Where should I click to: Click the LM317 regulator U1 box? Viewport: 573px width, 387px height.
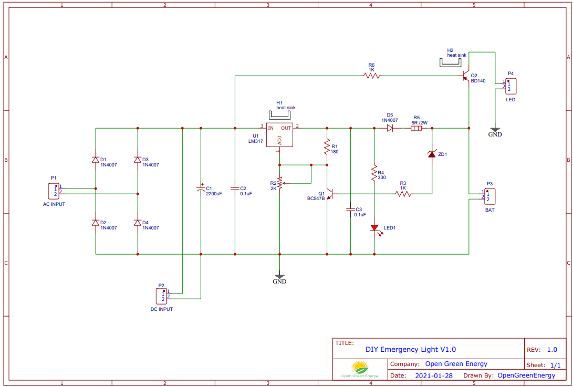click(x=279, y=135)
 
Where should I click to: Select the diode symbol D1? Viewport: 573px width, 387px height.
click(x=96, y=160)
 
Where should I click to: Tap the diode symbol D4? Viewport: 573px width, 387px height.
click(x=138, y=223)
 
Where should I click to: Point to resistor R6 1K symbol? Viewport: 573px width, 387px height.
click(x=372, y=76)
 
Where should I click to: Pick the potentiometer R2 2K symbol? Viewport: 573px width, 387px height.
click(x=279, y=183)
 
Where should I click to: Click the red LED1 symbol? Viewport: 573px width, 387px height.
click(x=374, y=228)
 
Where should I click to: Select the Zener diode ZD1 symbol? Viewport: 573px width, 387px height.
click(x=432, y=154)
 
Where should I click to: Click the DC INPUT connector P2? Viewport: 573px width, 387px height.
click(x=163, y=295)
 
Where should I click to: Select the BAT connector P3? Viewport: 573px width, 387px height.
click(x=488, y=196)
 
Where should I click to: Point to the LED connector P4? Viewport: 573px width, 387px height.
click(x=510, y=86)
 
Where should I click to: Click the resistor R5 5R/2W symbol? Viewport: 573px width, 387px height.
click(x=416, y=128)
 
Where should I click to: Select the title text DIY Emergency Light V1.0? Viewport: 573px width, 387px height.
click(x=411, y=349)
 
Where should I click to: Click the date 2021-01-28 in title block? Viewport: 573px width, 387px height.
click(x=433, y=375)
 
